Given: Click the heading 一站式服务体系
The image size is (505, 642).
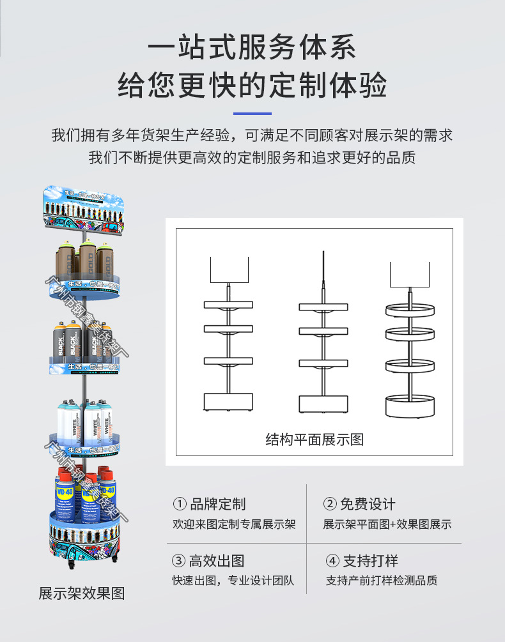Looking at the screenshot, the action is [x=252, y=49].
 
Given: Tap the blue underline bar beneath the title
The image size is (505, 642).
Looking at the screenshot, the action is [x=252, y=114].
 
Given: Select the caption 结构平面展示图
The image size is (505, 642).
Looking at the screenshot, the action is [x=314, y=439].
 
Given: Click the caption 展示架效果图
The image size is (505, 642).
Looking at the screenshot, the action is [x=82, y=593].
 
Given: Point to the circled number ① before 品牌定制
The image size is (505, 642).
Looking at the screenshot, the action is [x=180, y=504].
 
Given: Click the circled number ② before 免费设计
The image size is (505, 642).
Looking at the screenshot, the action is [x=330, y=504].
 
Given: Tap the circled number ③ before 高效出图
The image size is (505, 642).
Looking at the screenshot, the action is [x=179, y=562].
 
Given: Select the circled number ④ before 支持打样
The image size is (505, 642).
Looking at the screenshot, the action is [x=332, y=562].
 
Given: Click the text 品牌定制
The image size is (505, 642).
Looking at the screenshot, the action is [x=217, y=504].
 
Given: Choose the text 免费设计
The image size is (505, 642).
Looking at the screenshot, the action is [x=368, y=504].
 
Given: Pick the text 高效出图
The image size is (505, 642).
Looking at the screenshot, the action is [x=217, y=562].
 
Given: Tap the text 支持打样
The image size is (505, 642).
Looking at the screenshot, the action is [x=370, y=562].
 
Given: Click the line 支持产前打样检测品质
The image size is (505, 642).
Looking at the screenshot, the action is [x=382, y=581].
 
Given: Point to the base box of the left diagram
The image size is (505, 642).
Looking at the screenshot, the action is [x=229, y=402].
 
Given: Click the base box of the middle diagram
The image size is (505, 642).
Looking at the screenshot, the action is [x=323, y=404].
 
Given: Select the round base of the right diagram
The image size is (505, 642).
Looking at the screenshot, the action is [x=410, y=406].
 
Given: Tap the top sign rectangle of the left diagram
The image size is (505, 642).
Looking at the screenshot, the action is [x=229, y=269].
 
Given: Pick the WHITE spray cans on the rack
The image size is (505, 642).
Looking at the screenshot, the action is [x=83, y=425].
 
